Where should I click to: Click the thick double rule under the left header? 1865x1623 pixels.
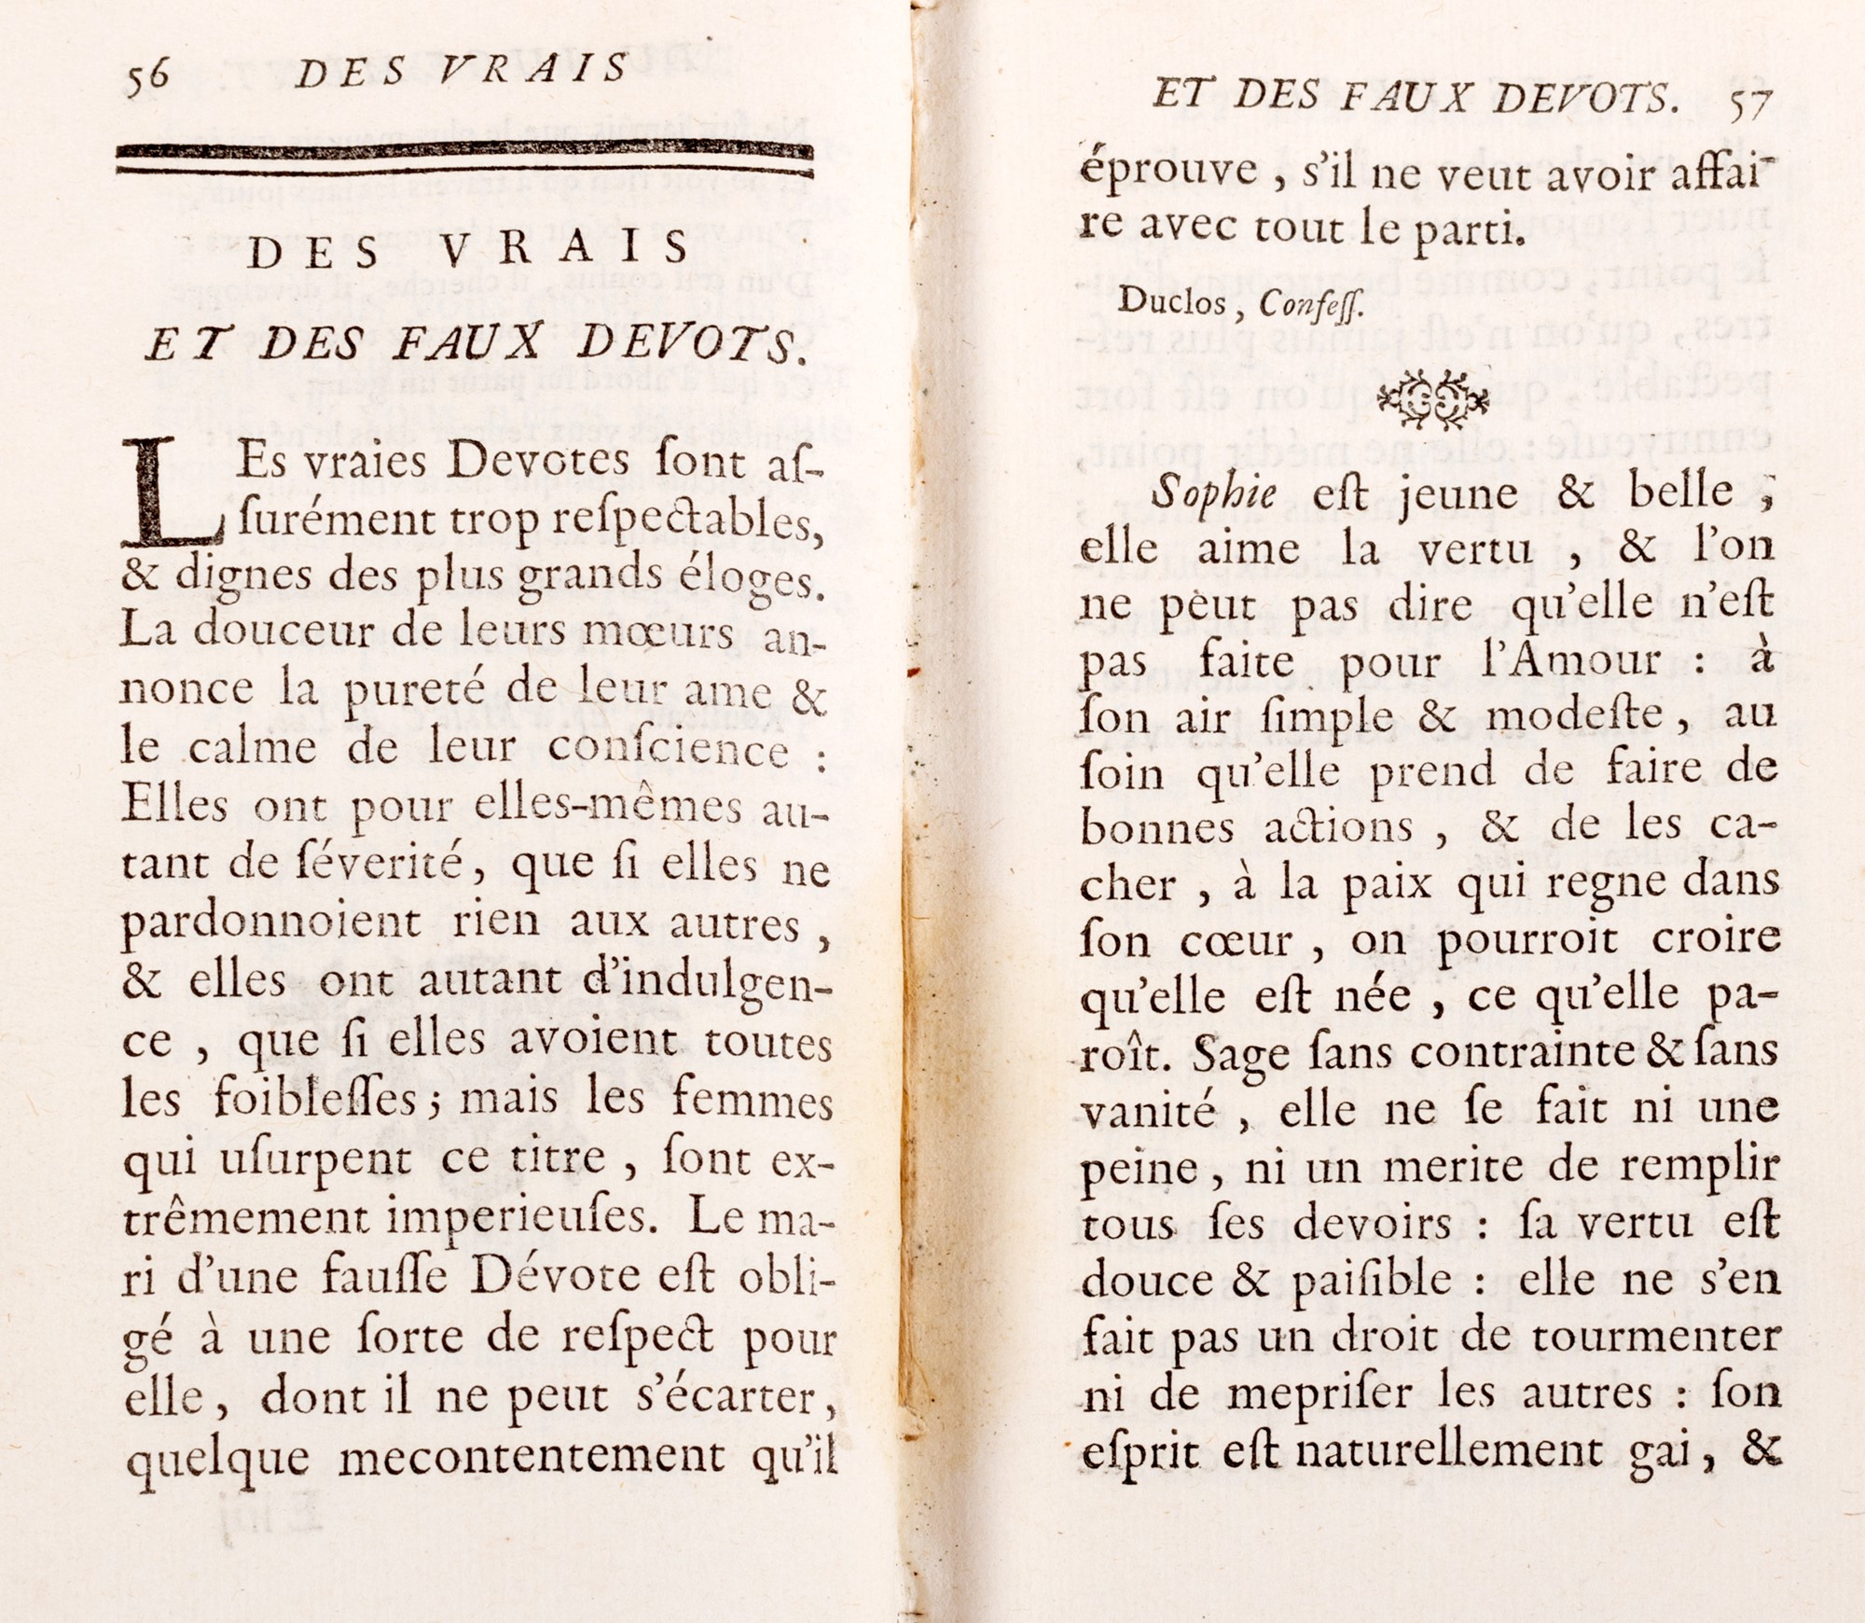463,159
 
